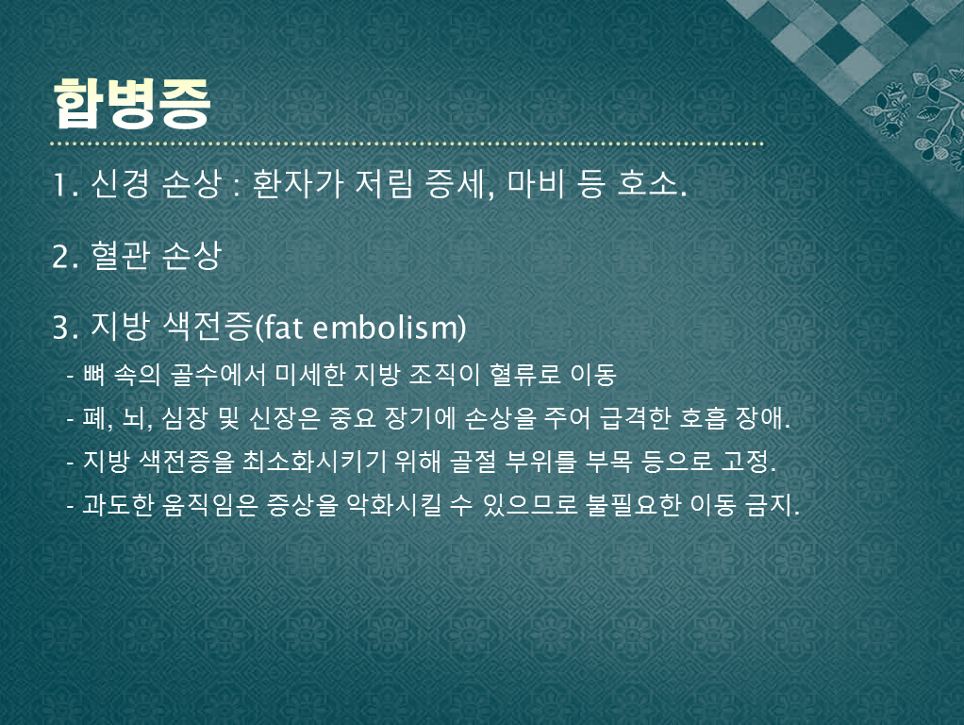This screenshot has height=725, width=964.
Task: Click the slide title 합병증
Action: (132, 103)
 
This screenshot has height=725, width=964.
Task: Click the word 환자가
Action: (297, 183)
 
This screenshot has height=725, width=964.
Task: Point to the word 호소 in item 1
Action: (647, 183)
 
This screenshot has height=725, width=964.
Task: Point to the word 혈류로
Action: (525, 374)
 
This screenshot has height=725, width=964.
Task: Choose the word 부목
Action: (608, 462)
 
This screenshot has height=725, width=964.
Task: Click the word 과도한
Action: (117, 505)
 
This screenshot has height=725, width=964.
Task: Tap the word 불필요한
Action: (633, 505)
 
